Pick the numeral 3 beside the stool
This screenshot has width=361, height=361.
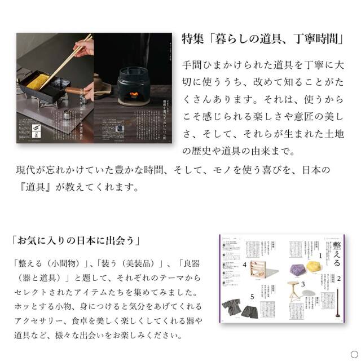point(302,284)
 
